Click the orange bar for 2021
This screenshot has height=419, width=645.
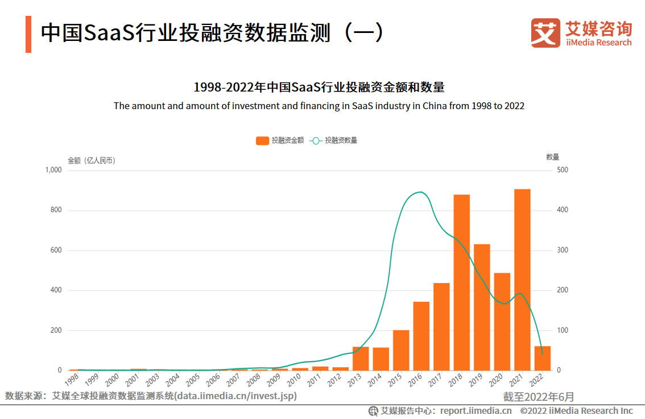click(522, 279)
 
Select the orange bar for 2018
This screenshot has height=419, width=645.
click(462, 282)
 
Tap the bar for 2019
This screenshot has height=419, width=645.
click(482, 307)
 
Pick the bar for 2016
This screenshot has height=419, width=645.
click(421, 335)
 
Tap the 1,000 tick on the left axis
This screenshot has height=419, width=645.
click(53, 170)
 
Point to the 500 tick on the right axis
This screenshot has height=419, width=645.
click(563, 170)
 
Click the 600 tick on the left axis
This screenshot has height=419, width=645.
click(55, 250)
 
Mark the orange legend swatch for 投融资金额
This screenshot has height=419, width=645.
click(262, 140)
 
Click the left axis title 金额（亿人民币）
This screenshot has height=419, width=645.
click(92, 160)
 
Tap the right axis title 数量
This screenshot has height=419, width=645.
click(552, 157)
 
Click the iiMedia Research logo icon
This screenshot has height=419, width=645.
click(545, 33)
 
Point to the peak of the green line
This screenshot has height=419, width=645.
click(420, 192)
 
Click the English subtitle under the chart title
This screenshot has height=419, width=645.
click(319, 106)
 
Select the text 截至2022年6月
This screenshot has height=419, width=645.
click(538, 396)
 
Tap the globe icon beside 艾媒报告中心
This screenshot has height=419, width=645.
click(373, 410)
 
